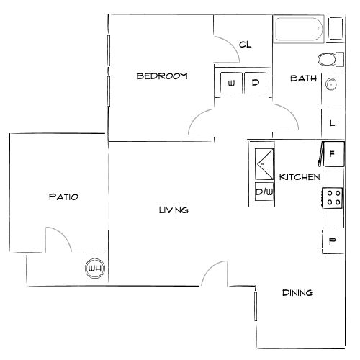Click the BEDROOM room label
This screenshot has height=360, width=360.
162,76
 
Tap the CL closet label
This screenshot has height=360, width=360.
245,45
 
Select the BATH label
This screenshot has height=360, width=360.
300,78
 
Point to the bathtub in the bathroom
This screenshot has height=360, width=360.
299,30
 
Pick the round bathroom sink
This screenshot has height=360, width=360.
332,84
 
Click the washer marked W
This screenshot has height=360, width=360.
230,83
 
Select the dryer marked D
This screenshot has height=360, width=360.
255,83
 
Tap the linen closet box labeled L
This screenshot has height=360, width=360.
332,123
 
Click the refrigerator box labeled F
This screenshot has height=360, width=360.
332,154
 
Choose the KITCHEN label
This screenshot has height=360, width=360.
300,176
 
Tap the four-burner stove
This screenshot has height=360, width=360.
332,197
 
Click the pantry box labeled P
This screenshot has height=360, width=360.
332,241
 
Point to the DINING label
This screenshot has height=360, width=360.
297,293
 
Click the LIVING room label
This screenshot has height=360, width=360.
173,210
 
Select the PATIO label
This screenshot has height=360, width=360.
63,196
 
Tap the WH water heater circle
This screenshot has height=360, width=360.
94,269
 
